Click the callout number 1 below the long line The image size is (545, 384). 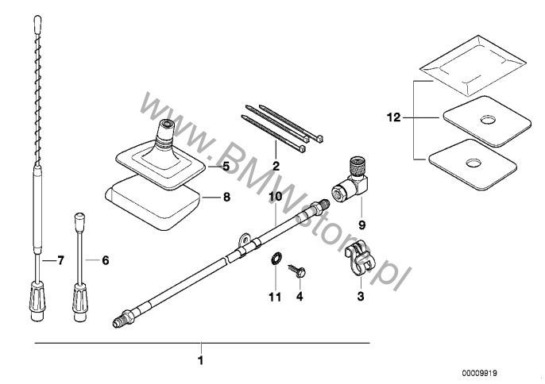(201, 361)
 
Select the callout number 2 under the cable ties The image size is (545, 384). (276, 166)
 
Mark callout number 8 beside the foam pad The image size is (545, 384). (226, 196)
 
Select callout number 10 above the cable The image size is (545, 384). (275, 196)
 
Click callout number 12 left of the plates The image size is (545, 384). (392, 117)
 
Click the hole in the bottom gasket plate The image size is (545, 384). (474, 163)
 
